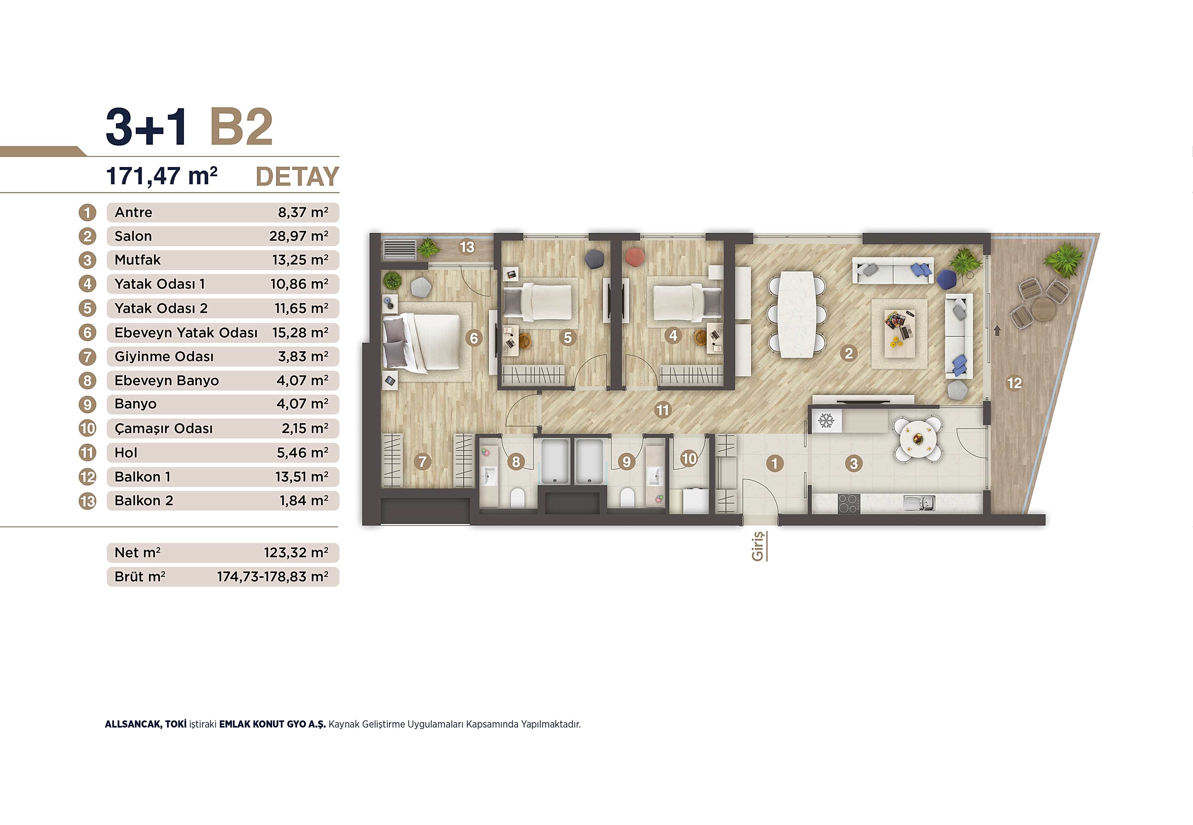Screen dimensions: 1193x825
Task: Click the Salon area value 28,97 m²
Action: point(299,236)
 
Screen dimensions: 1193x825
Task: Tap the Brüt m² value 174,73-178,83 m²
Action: point(272,577)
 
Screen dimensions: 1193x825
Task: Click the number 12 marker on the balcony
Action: point(1014,383)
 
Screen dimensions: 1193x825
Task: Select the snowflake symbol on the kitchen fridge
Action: point(826,421)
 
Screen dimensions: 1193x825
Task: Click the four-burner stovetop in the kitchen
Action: point(848,503)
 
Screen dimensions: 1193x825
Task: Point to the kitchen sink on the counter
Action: point(919,503)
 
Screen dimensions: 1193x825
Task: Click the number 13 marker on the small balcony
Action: point(467,247)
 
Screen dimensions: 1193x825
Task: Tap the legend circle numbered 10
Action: point(87,429)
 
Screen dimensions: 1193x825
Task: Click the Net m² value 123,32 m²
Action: point(296,552)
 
